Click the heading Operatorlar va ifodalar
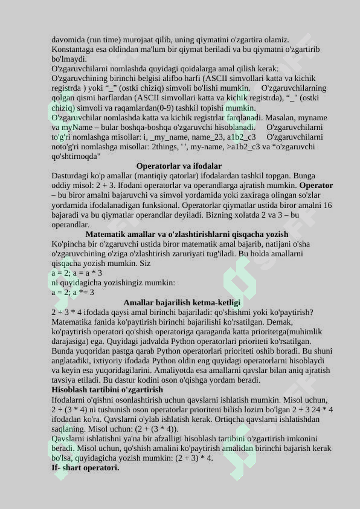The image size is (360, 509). click(x=179, y=166)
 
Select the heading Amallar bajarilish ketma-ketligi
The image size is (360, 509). click(x=182, y=302)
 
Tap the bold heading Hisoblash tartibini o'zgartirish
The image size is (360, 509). click(x=107, y=390)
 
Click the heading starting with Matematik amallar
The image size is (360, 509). click(x=187, y=234)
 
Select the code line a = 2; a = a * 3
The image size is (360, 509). click(x=77, y=273)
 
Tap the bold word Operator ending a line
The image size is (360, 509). click(x=316, y=186)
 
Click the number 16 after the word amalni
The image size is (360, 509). click(x=327, y=205)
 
